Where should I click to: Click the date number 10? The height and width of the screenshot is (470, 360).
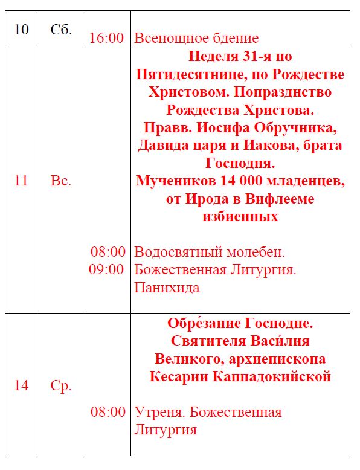pos(21,30)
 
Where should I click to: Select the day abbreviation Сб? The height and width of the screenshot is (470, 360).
pos(61,30)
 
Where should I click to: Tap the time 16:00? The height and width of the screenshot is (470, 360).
pos(106,38)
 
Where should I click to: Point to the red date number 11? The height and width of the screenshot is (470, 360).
pos(21,181)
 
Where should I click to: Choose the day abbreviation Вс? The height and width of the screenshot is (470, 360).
pos(61,181)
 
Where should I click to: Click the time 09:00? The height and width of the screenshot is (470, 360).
pos(106,269)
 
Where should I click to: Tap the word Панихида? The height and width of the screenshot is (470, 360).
pos(167,288)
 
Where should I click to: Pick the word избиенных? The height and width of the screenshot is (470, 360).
pos(240,216)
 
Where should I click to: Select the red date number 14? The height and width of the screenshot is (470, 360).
pos(21,386)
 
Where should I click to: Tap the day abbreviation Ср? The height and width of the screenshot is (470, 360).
pos(61,386)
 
